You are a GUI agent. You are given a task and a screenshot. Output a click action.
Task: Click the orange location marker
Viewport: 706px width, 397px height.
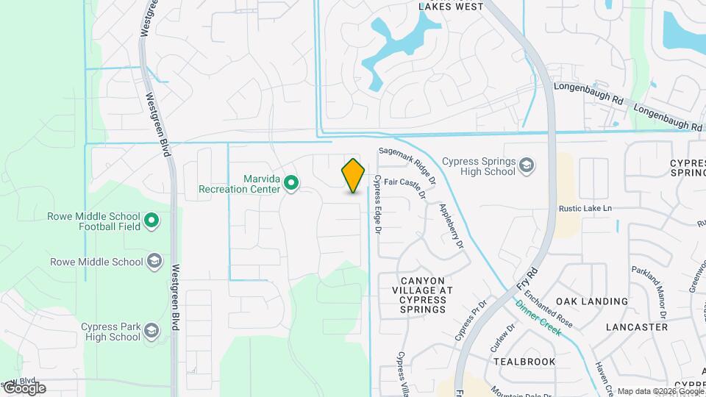354,175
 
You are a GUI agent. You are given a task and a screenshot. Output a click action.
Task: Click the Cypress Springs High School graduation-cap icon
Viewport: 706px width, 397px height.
527,165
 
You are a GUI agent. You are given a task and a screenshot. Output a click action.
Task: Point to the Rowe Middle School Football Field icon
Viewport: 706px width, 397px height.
151,221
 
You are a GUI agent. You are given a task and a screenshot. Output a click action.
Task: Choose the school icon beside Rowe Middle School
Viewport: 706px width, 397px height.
154,262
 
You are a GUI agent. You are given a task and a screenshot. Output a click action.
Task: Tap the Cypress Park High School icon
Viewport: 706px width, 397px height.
151,331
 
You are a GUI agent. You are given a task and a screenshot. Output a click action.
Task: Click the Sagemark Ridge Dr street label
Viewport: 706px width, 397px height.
407,165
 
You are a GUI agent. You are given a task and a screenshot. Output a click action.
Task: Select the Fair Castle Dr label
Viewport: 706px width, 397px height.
404,187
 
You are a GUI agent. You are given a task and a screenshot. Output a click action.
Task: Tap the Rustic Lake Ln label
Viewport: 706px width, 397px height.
585,209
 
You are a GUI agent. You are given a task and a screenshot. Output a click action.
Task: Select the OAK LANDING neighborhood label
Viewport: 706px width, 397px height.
592,301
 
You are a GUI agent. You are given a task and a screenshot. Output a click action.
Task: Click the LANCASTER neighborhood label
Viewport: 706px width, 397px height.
636,326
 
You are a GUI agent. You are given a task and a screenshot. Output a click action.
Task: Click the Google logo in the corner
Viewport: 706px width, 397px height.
24,388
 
